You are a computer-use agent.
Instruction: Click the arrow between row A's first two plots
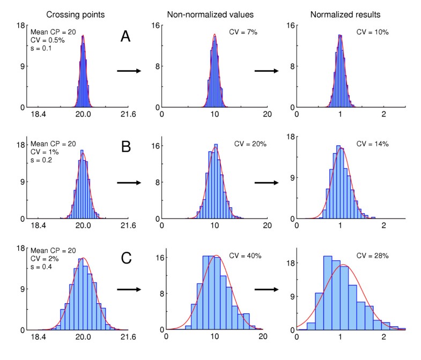(128, 71)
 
